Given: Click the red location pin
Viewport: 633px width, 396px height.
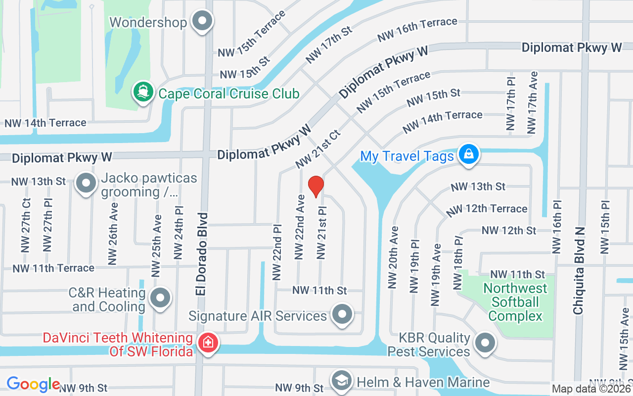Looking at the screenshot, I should click(x=316, y=187).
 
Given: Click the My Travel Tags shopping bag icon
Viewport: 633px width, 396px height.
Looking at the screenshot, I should click(x=468, y=154).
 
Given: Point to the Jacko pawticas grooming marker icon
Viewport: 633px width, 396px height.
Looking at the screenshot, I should click(x=86, y=183).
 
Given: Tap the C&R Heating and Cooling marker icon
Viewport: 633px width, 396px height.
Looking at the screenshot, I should click(x=160, y=298).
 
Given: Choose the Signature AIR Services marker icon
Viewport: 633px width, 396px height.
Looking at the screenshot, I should click(x=342, y=314).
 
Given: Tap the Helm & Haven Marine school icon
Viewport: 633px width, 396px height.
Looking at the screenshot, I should click(x=341, y=381).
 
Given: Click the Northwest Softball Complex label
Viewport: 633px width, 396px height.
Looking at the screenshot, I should click(x=515, y=302).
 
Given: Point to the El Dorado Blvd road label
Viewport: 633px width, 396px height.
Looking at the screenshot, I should click(x=201, y=254).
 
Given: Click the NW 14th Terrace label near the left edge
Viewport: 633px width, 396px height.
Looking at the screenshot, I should click(x=45, y=123).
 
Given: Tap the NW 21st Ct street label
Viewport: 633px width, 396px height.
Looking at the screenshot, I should click(x=318, y=148).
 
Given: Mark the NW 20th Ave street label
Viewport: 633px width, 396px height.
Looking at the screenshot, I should click(x=394, y=258).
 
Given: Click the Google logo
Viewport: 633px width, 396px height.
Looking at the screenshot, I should click(x=33, y=384).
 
